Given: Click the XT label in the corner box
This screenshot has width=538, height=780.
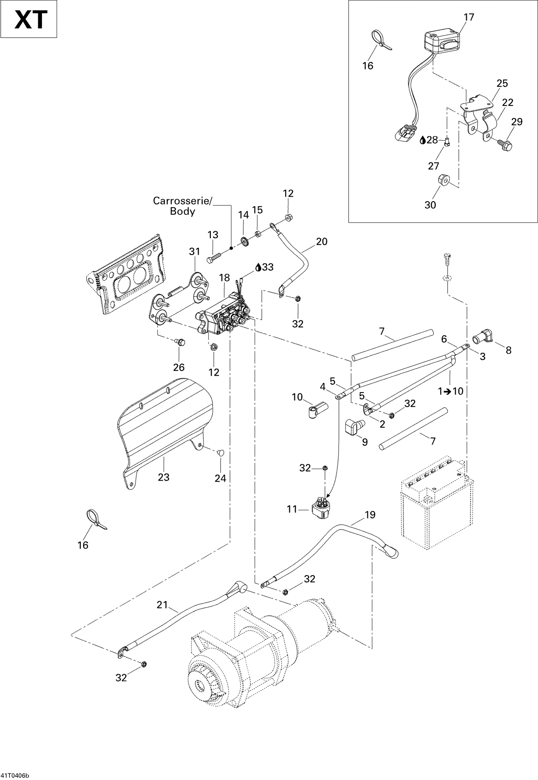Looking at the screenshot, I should (x=30, y=20).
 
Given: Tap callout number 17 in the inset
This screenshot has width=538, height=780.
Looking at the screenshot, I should (x=468, y=17).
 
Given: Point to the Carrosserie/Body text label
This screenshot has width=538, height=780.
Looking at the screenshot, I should (x=182, y=206).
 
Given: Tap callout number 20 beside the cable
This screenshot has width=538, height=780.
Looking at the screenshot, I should (x=321, y=242).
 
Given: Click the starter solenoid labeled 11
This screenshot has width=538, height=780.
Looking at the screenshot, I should (x=320, y=507).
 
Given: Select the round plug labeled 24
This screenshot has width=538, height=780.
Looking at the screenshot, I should (x=221, y=453).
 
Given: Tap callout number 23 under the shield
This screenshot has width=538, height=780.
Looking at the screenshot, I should (x=164, y=477).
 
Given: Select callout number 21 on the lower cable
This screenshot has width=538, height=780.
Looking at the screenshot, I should (x=162, y=605).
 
